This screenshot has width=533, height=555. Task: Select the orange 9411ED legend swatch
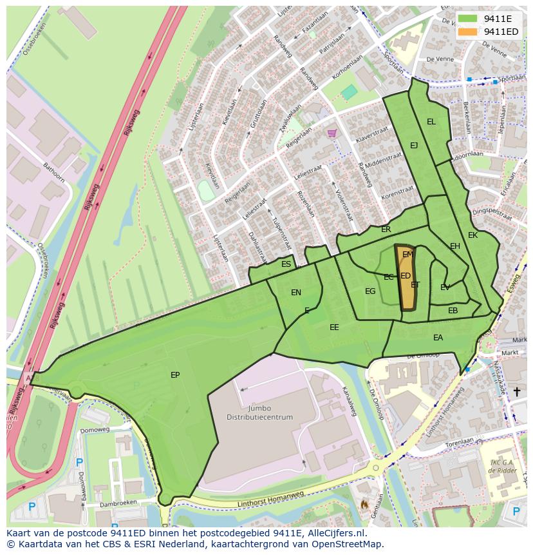pyautogui.click(x=468, y=32)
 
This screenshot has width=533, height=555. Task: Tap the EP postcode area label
pyautogui.click(x=175, y=375)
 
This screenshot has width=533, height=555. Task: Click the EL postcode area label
pyautogui.click(x=431, y=121)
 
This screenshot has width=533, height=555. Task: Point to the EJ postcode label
pyautogui.click(x=414, y=146)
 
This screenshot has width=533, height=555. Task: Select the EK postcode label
pyautogui.click(x=473, y=235)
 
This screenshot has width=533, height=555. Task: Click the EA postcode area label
pyautogui.click(x=438, y=337)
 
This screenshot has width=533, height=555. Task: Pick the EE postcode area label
pyautogui.click(x=334, y=327)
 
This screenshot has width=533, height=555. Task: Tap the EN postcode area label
pyautogui.click(x=296, y=292)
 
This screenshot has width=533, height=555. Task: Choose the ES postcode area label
pyautogui.click(x=286, y=264)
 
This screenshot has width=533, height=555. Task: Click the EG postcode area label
pyautogui.click(x=370, y=291)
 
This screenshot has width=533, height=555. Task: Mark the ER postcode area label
pyautogui.click(x=386, y=229)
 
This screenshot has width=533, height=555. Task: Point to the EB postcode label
pyautogui.click(x=453, y=311)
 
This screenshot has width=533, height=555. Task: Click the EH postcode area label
pyautogui.click(x=455, y=246)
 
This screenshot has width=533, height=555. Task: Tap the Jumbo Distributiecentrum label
pyautogui.click(x=259, y=413)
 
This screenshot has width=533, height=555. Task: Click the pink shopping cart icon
pyautogui.click(x=332, y=133)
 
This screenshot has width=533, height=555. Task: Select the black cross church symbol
pyautogui.click(x=516, y=391)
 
